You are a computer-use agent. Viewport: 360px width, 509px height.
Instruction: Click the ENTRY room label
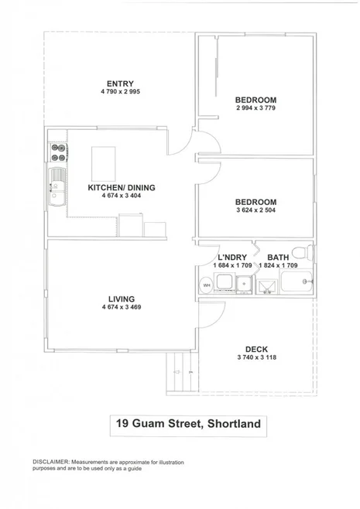[x=121, y=84]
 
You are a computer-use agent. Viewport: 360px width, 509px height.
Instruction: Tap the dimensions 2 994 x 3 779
[x=255, y=108]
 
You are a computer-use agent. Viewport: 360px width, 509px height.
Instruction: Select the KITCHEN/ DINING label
[x=122, y=188]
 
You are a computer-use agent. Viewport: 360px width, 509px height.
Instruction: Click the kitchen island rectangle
[x=105, y=162]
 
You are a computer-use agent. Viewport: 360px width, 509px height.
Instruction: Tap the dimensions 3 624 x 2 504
[x=255, y=210]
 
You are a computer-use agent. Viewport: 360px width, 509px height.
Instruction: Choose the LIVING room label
[x=122, y=299]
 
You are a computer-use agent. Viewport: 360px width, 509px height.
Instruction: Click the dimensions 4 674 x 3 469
[x=122, y=307]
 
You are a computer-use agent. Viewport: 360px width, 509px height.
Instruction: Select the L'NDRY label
[x=231, y=258]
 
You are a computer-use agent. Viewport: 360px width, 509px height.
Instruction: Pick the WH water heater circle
[x=207, y=286]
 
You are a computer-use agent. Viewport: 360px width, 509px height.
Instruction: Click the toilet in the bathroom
[x=308, y=253]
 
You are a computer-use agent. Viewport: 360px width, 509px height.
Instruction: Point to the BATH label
[x=278, y=258]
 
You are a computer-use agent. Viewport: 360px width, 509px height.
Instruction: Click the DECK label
[x=256, y=349]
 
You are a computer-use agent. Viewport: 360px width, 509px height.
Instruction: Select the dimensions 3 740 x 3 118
[x=256, y=357]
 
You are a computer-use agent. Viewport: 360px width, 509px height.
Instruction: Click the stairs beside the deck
[x=177, y=371]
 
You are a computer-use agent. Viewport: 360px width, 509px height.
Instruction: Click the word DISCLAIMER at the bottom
[x=51, y=461]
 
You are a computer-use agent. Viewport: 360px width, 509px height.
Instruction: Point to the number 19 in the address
[x=122, y=423]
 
